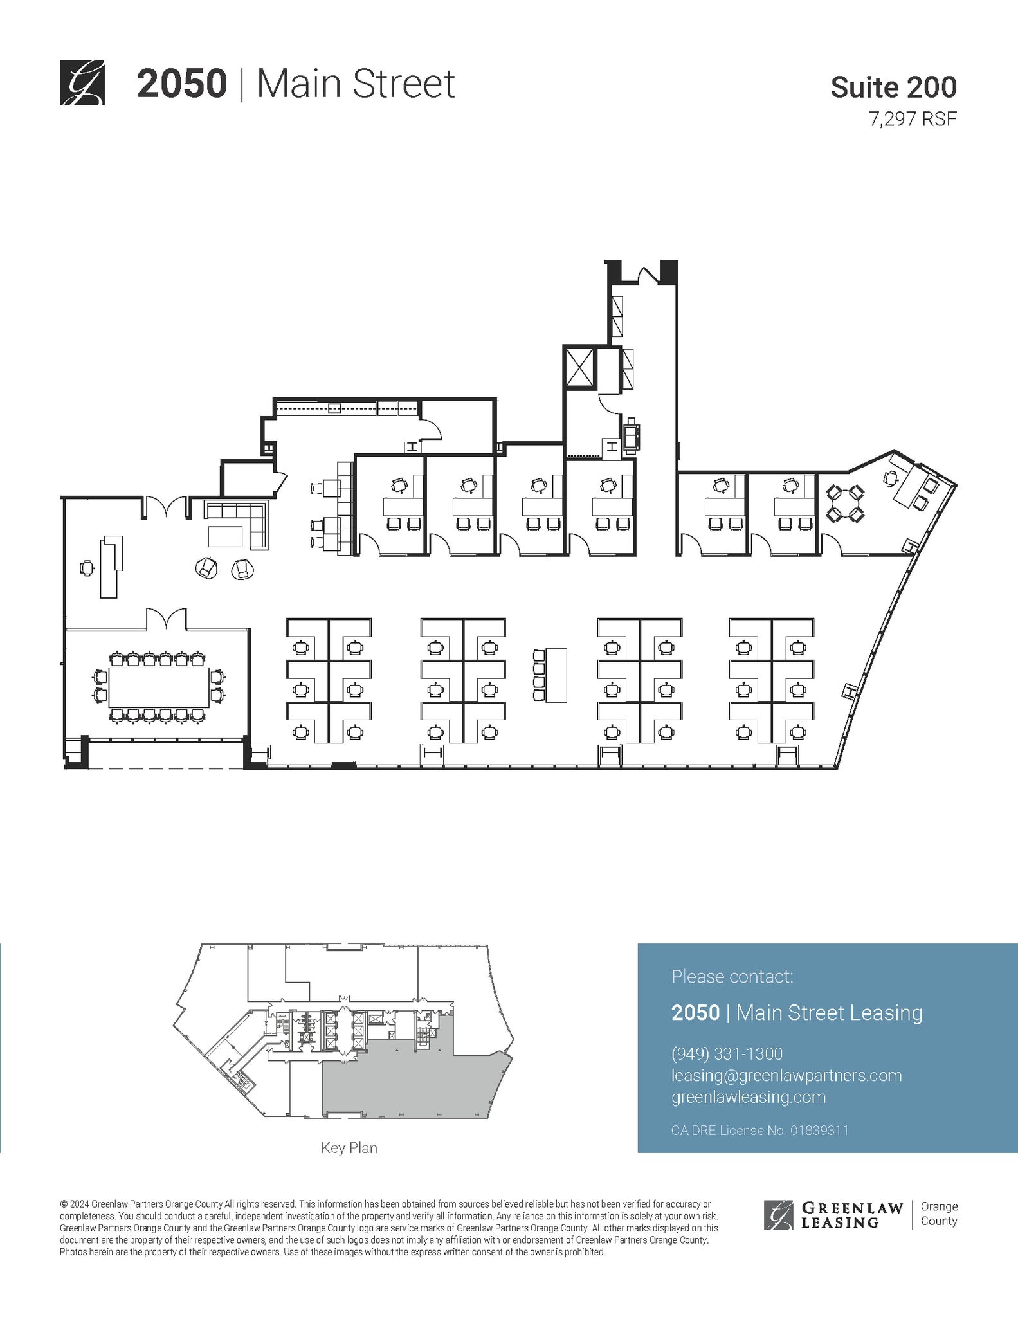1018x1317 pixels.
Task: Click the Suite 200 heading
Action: (893, 87)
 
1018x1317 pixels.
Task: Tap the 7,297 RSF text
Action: (913, 119)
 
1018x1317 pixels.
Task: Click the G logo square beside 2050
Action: (82, 82)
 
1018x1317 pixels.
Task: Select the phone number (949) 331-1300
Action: (727, 1053)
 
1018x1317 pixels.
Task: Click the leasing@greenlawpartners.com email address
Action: (786, 1075)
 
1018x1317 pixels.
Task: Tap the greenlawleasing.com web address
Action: (748, 1097)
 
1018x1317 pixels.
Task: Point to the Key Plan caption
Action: (349, 1147)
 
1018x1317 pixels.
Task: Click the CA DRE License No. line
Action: (759, 1130)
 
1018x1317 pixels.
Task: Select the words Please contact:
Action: (732, 976)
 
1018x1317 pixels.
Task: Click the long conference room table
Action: (158, 687)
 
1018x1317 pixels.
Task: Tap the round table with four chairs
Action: (844, 504)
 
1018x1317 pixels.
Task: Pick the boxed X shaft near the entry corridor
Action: (580, 367)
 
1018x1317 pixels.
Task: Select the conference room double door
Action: (167, 620)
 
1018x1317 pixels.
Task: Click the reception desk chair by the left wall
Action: (87, 568)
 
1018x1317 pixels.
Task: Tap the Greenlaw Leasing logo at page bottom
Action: (833, 1214)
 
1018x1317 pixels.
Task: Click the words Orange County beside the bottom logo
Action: (939, 1213)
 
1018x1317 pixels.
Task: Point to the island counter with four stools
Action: (556, 675)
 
